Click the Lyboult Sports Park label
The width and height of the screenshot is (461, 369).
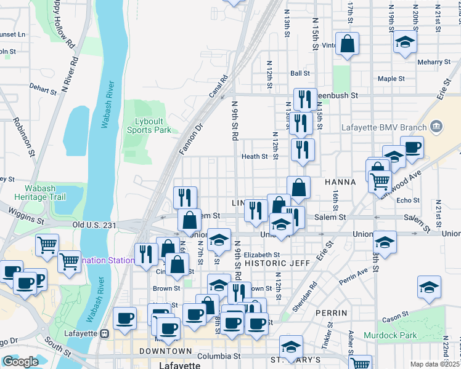click(149, 125)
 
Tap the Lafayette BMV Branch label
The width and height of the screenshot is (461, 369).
click(383, 129)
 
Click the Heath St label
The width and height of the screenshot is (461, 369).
click(255, 157)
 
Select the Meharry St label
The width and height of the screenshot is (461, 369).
click(434, 62)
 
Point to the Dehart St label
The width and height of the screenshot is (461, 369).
click(43, 89)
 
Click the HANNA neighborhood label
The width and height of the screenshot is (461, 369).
click(340, 182)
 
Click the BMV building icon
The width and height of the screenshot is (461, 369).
click(436, 127)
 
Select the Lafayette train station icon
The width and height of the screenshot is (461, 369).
click(105, 333)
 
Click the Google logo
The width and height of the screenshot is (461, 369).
click(20, 362)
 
